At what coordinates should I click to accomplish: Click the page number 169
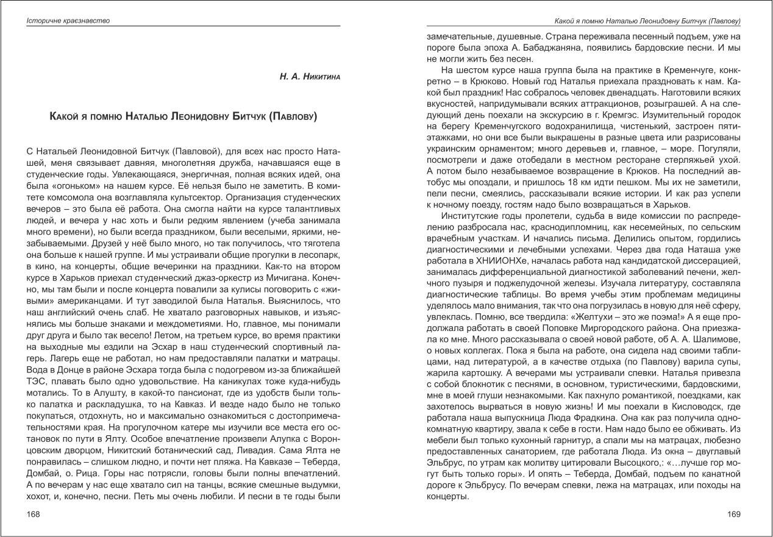(734, 514)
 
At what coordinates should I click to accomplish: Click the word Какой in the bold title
(64, 116)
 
